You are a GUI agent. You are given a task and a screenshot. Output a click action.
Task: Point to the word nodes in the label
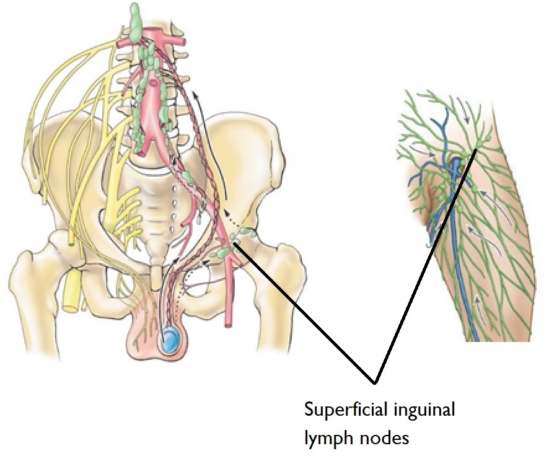(x=384, y=439)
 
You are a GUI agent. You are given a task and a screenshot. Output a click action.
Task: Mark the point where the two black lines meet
(x=374, y=379)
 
